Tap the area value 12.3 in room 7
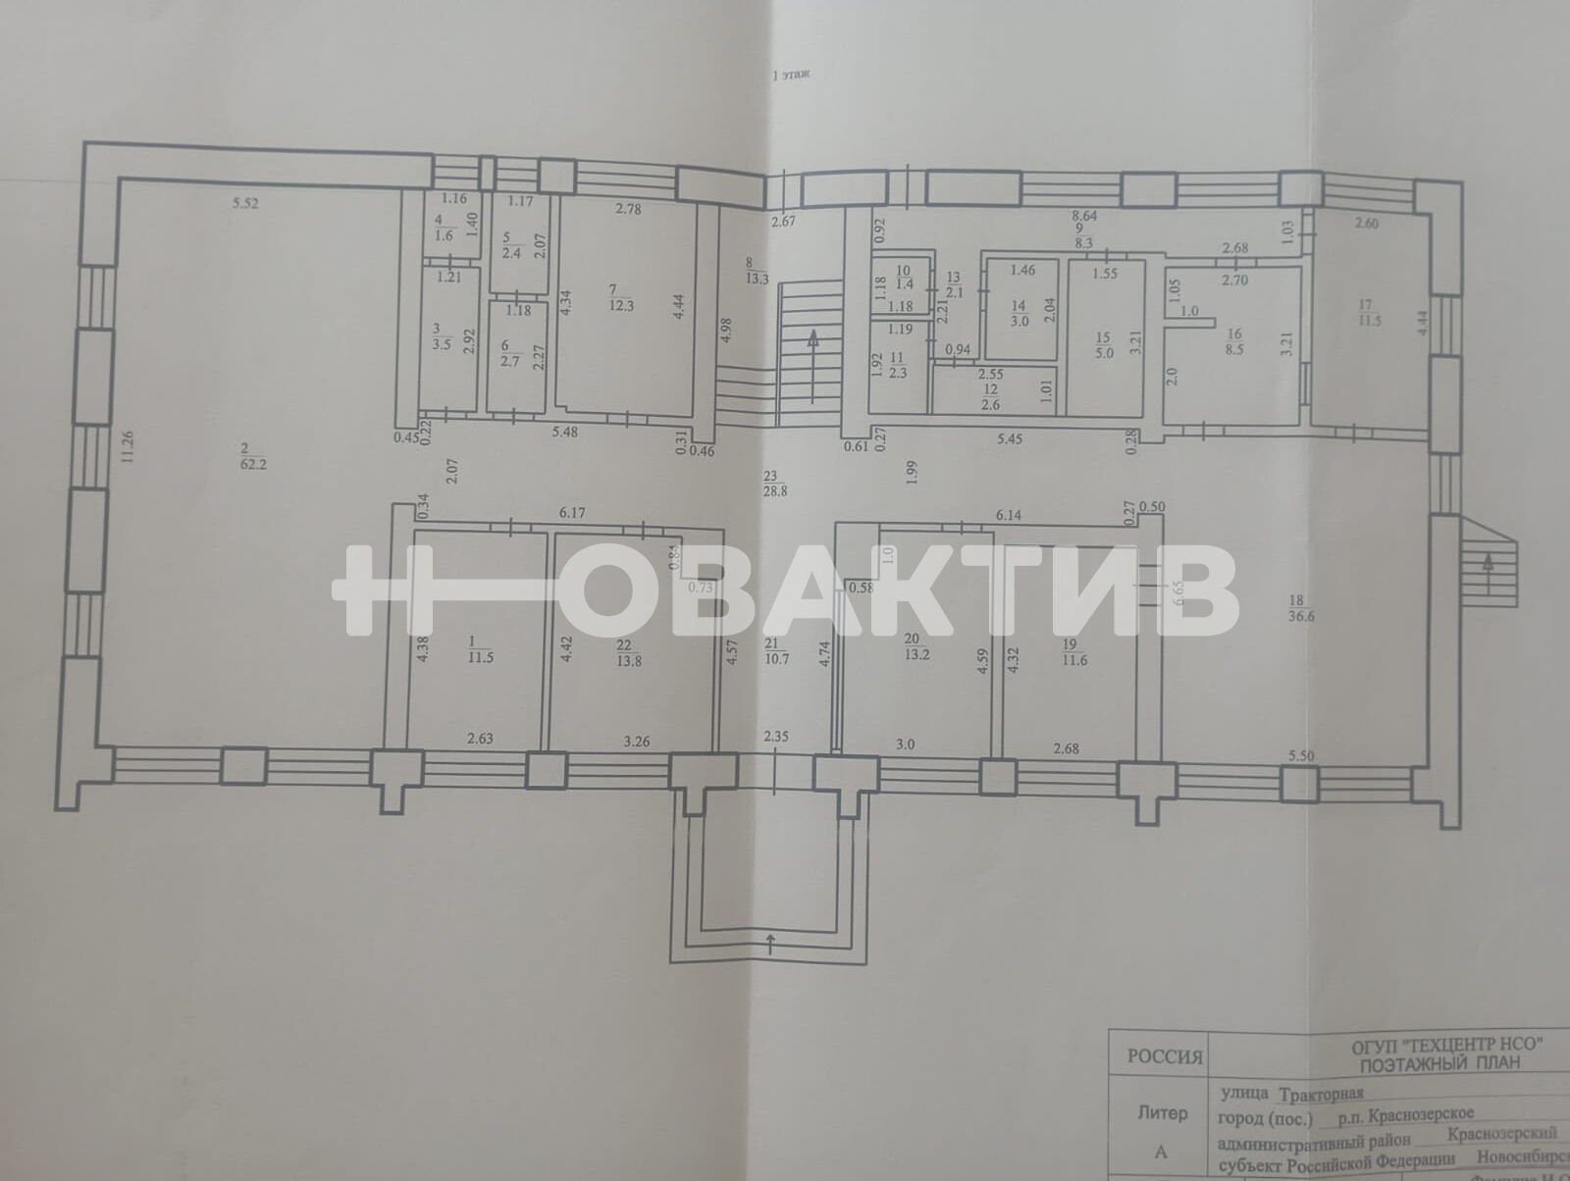pyautogui.click(x=622, y=305)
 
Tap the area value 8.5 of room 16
pyautogui.click(x=1233, y=347)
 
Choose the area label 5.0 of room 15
pyautogui.click(x=1105, y=354)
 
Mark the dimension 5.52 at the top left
pyautogui.click(x=243, y=204)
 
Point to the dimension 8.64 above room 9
pyautogui.click(x=1084, y=215)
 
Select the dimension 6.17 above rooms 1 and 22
pyautogui.click(x=571, y=512)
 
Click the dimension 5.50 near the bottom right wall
pyautogui.click(x=1300, y=755)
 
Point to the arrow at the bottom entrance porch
pyautogui.click(x=770, y=944)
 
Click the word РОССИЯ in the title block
pyautogui.click(x=1164, y=1057)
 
